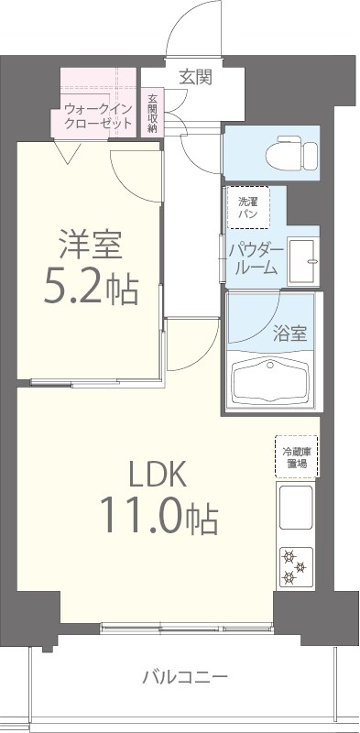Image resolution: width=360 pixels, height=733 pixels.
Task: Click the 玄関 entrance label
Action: tap(196, 77)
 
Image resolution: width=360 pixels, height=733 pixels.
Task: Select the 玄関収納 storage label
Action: tap(152, 114)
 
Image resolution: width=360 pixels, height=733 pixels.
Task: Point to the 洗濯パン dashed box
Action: tap(248, 207)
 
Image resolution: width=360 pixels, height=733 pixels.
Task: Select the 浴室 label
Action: tap(290, 334)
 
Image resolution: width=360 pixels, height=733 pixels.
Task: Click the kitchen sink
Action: tap(295, 509)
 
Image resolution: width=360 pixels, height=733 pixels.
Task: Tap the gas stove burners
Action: tap(295, 565)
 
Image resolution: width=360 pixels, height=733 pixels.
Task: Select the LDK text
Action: tap(157, 475)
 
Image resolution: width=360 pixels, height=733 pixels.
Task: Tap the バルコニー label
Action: tap(184, 678)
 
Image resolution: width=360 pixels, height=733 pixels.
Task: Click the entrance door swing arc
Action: tap(191, 27)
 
